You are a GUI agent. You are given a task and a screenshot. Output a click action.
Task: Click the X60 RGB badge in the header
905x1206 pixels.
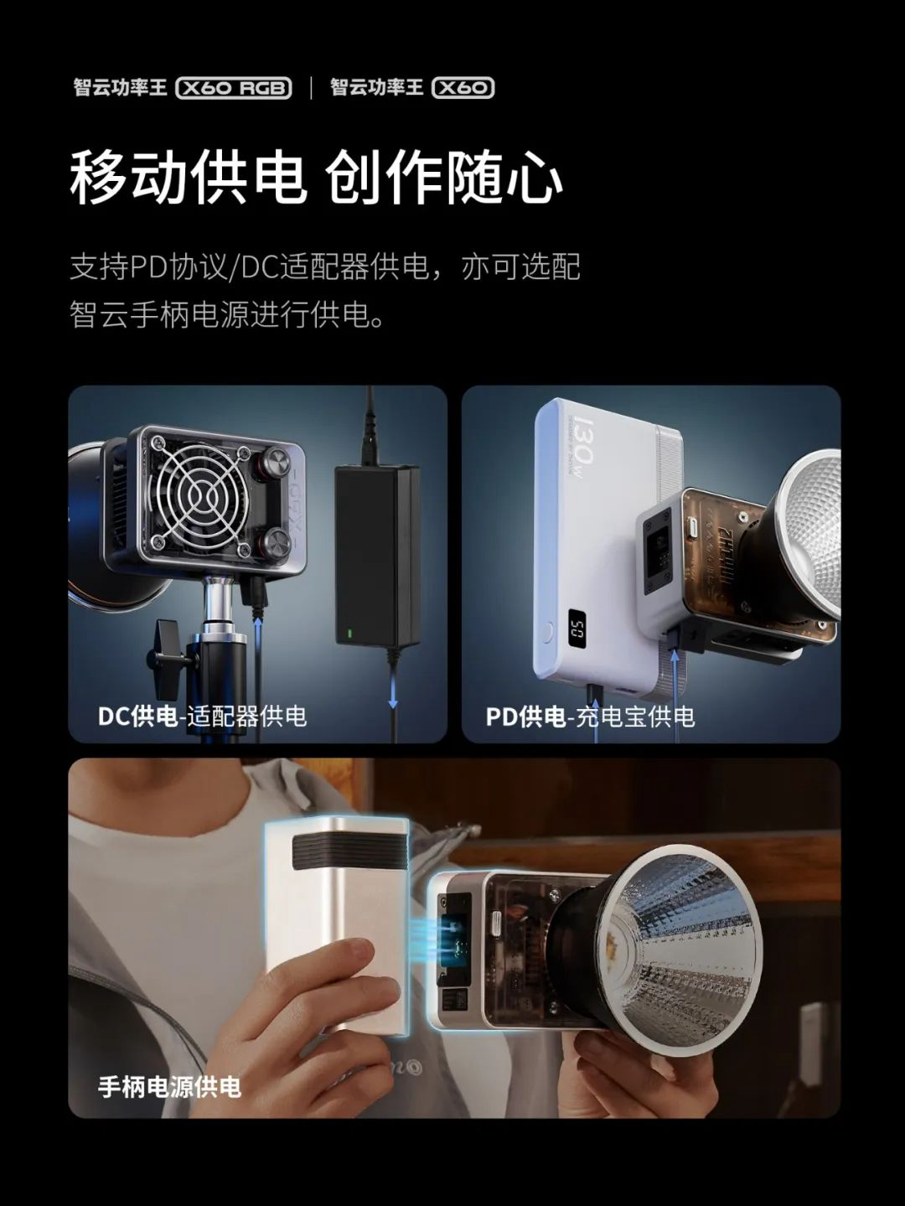234,88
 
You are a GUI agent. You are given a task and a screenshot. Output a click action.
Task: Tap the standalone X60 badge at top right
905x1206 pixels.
463,88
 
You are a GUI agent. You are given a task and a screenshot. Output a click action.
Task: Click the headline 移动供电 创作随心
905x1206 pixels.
316,178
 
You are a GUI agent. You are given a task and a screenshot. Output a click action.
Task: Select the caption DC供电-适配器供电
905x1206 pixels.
202,717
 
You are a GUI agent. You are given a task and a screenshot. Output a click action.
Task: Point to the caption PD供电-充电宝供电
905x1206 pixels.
590,717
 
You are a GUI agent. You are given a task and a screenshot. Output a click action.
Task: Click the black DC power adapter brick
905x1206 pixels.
377,556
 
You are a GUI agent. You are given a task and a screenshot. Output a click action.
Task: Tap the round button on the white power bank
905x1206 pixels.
547,633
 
